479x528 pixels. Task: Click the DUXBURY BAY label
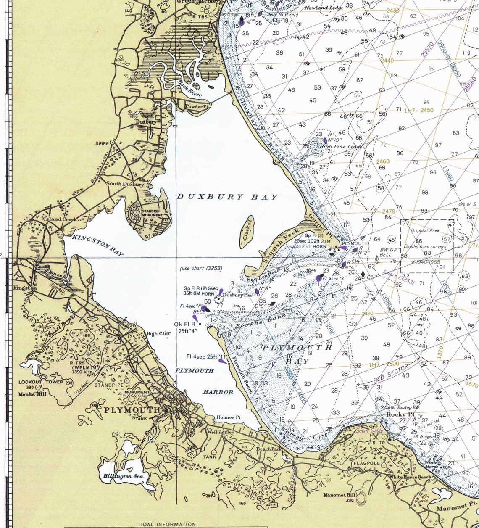(x=227, y=197)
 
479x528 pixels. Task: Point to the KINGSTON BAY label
(x=98, y=245)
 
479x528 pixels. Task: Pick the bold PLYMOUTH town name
(x=132, y=410)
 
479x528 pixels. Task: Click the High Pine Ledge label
(x=341, y=146)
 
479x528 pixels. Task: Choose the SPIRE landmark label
(x=102, y=143)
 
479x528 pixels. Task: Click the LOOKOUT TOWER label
(x=41, y=382)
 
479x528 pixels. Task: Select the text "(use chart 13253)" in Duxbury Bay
(x=201, y=268)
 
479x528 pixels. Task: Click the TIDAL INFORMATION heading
(x=166, y=524)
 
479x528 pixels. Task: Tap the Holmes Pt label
(x=228, y=417)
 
